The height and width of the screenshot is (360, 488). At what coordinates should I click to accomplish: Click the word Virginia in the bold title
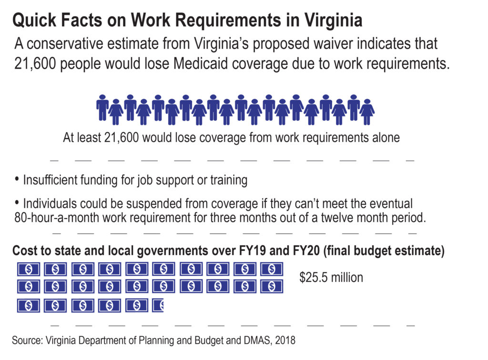(333, 21)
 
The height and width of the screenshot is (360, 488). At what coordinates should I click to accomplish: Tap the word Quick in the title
(34, 20)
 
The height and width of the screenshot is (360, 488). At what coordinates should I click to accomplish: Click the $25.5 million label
(331, 277)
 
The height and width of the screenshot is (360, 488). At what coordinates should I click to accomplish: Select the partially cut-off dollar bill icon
(158, 306)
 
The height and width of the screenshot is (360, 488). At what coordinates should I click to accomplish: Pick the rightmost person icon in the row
(367, 112)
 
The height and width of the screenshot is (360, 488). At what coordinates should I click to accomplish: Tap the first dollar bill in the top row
(29, 269)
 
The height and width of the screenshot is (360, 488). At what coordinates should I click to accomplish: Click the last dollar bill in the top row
(272, 269)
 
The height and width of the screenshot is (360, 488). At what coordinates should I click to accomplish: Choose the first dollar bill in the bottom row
(29, 306)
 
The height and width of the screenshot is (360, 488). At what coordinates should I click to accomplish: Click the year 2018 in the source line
(285, 340)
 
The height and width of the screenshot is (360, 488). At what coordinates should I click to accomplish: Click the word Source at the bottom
(27, 340)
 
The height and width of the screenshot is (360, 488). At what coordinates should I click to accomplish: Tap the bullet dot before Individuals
(17, 203)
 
